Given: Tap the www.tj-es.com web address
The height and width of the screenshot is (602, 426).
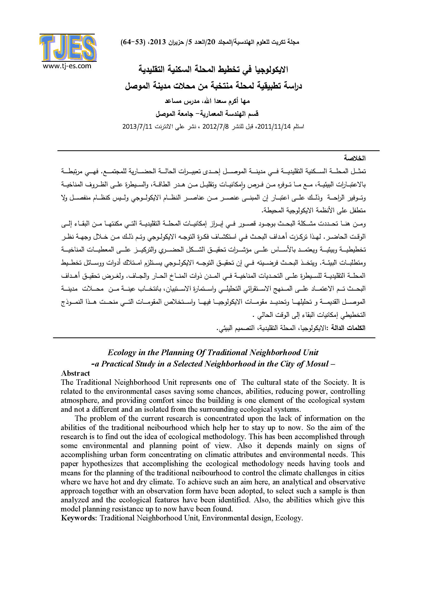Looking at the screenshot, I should tap(67, 66).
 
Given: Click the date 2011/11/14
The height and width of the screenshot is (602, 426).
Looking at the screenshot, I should tap(274, 126).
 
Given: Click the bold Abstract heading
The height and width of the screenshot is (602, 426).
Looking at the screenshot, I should tap(75, 373).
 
